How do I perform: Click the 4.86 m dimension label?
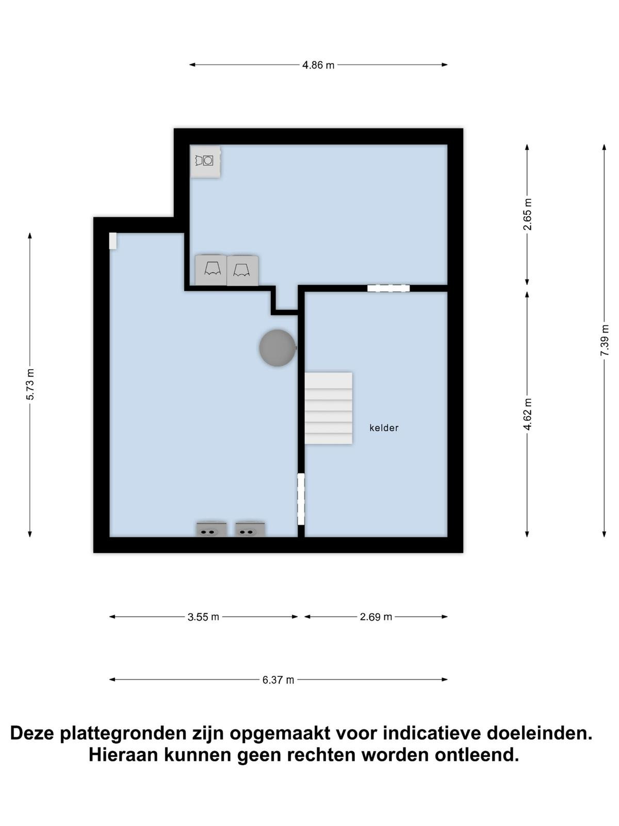[318, 65]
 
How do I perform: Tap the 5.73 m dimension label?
[30, 384]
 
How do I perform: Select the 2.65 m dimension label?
[528, 214]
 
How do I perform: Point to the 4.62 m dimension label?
[528, 414]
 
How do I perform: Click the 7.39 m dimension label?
[605, 340]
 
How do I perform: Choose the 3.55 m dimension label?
[203, 617]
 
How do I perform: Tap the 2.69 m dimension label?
[376, 617]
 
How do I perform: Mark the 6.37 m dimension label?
[278, 680]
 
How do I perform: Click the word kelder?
[384, 428]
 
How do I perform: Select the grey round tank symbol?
[278, 348]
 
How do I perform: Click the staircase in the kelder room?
[329, 408]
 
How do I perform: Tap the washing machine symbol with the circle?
[205, 162]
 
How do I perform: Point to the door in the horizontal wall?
[388, 288]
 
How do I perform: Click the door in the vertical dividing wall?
[301, 499]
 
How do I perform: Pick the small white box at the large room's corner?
[113, 241]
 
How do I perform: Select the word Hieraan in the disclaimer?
[123, 755]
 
